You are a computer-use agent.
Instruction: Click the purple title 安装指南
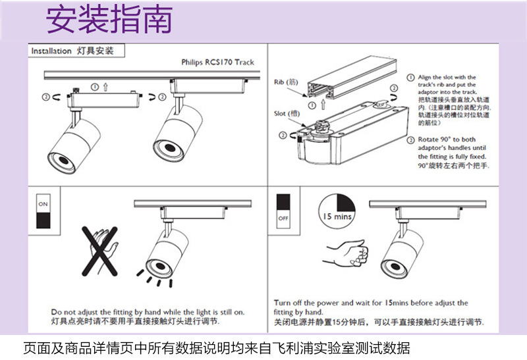click(x=109, y=20)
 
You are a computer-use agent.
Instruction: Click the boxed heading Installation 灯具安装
click(x=72, y=51)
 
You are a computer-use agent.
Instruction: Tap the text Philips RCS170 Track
click(x=217, y=63)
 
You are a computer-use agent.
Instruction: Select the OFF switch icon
click(x=284, y=209)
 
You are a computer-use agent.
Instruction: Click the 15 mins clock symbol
click(x=337, y=209)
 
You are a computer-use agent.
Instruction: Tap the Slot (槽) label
click(x=287, y=114)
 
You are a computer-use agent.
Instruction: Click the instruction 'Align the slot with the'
click(x=447, y=78)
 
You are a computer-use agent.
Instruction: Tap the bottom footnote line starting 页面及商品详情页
click(x=217, y=347)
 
